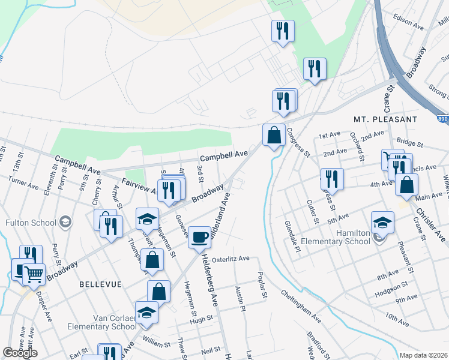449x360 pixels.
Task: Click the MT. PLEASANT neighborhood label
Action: tap(385, 119)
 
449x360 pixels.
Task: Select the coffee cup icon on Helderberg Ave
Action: tap(199, 236)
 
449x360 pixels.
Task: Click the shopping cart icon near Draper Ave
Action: tap(34, 274)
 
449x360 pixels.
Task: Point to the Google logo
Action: tap(20, 353)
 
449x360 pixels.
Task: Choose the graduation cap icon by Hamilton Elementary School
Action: tap(382, 222)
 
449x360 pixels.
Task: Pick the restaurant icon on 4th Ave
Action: tap(332, 178)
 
